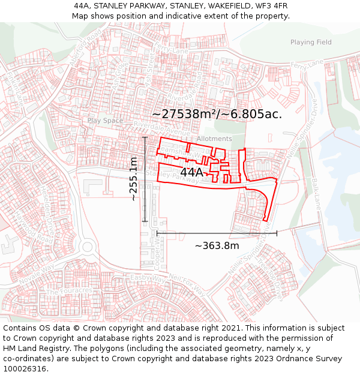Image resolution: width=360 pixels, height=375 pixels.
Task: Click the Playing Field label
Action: [x=311, y=43]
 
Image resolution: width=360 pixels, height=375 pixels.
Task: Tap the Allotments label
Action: [x=214, y=139]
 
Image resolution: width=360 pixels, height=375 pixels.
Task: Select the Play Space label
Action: [x=105, y=121]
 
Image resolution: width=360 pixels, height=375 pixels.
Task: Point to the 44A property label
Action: [x=191, y=172]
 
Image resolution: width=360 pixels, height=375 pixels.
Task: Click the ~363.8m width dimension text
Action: [x=217, y=245]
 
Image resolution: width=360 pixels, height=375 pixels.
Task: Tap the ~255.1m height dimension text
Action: [x=133, y=178]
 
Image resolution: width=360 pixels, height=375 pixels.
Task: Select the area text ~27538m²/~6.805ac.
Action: [x=217, y=113]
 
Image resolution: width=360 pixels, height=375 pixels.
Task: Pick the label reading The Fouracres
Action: [x=69, y=292]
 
